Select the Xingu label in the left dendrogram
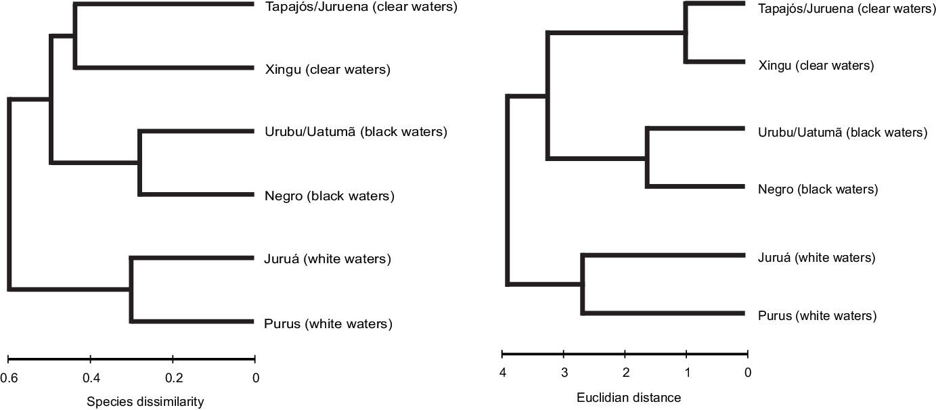pyautogui.click(x=328, y=69)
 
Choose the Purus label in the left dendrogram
pyautogui.click(x=328, y=323)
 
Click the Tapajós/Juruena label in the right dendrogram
pyautogui.click(x=842, y=9)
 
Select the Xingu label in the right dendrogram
pyautogui.click(x=816, y=66)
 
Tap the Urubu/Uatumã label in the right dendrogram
pyautogui.click(x=843, y=132)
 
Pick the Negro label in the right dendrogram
pyautogui.click(x=818, y=189)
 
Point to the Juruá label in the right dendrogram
pyautogui.click(x=817, y=258)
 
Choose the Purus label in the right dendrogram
pyautogui.click(x=818, y=315)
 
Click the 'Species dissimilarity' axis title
pyautogui.click(x=146, y=402)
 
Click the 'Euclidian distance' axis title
pyautogui.click(x=629, y=397)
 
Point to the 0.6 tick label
pyautogui.click(x=9, y=378)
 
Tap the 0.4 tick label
pyautogui.click(x=91, y=378)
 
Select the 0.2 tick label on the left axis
pyautogui.click(x=174, y=378)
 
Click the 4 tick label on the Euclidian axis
pyautogui.click(x=502, y=373)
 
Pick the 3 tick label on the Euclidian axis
pyautogui.click(x=564, y=373)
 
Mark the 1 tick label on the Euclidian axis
pyautogui.click(x=687, y=373)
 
